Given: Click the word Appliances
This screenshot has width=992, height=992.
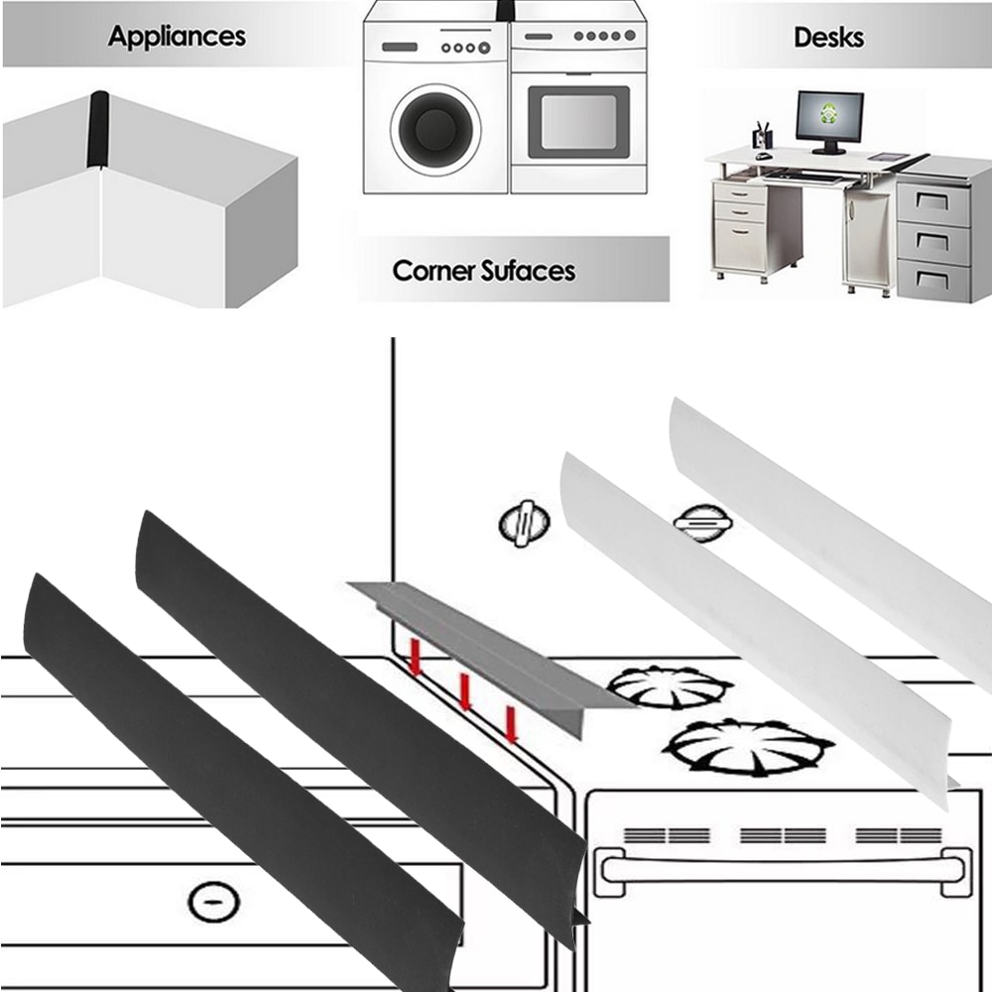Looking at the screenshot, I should tap(177, 37).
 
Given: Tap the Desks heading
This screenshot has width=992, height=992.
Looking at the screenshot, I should tap(828, 38).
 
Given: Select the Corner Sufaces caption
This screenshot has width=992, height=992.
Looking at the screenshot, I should tap(483, 270).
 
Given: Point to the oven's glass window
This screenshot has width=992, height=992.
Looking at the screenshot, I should tap(578, 122).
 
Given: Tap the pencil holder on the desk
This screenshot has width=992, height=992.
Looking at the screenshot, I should tap(760, 137).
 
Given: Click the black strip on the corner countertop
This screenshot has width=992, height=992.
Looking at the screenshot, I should tap(99, 129).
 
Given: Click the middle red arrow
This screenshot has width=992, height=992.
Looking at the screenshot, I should tap(462, 690).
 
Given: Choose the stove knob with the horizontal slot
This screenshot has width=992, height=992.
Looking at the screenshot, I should tap(702, 520).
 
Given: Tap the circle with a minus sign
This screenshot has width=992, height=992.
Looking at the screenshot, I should tap(213, 900).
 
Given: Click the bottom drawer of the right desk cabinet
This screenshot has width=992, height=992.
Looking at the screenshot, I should tap(932, 280).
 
